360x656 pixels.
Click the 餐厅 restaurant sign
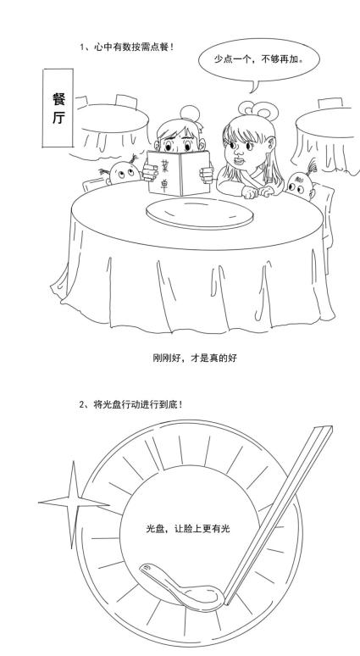point(58,108)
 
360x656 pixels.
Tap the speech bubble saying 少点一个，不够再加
point(259,59)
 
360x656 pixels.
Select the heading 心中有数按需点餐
point(127,47)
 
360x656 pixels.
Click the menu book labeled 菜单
point(179,173)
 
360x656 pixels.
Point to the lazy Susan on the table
point(199,213)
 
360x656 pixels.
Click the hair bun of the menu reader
point(191,114)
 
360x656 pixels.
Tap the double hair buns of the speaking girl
point(258,108)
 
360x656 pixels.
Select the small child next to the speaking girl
point(301,183)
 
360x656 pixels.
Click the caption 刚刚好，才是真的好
point(195,359)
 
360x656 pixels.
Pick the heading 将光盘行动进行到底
point(130,404)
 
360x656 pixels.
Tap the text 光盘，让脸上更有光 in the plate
point(188,529)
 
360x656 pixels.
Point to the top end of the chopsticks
point(324,429)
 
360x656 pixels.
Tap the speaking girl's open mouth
point(238,159)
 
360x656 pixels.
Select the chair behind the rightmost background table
point(330,103)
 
